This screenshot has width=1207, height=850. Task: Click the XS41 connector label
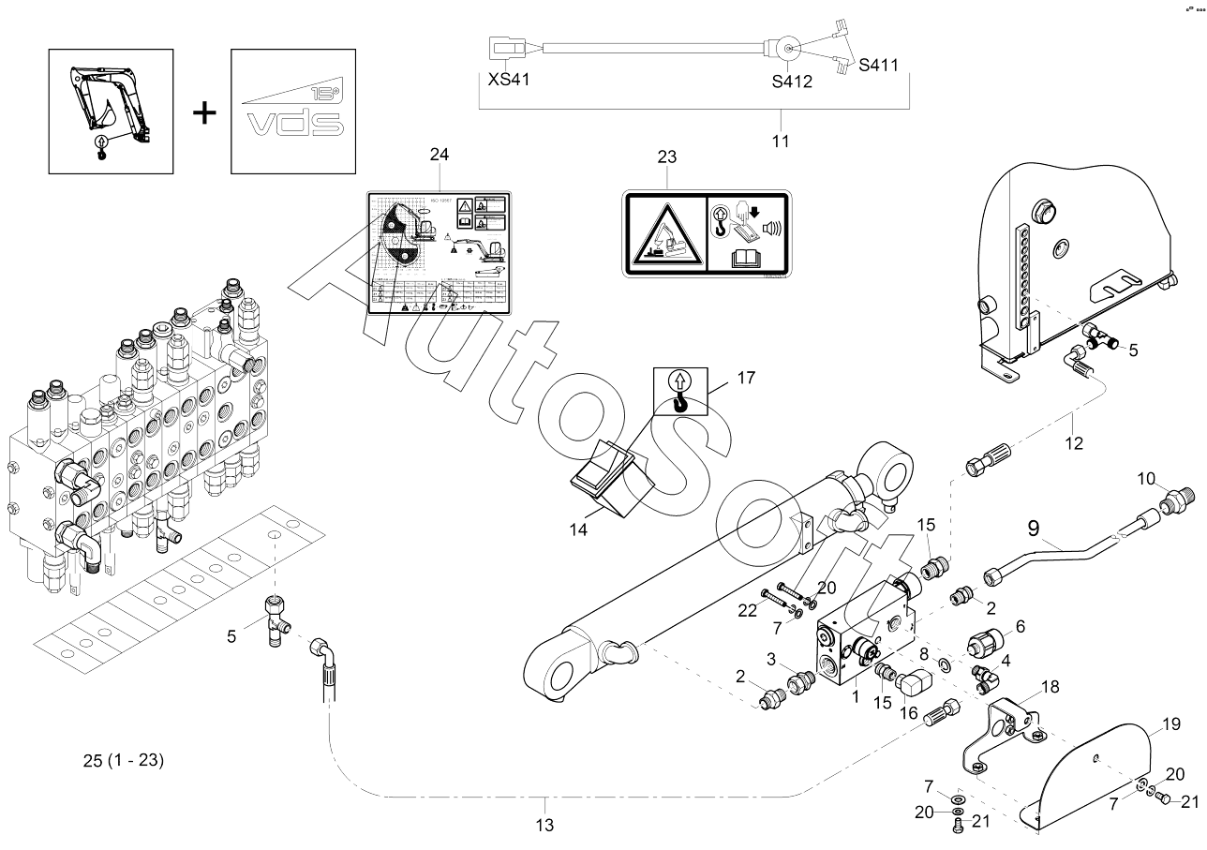coord(510,80)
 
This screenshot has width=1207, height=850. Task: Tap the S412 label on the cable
coord(792,82)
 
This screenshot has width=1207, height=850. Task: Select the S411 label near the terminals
coord(879,66)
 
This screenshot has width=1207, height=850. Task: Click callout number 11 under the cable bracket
coord(781,142)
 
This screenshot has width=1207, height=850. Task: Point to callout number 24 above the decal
coord(440,154)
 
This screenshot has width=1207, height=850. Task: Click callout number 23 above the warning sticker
coord(666,157)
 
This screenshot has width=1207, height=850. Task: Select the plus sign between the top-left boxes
coord(203,113)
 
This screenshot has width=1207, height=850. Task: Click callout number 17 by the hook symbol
coord(746,379)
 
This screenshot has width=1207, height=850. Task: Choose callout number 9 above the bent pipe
coord(1033,529)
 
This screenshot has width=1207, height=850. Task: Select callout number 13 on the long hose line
coord(544,826)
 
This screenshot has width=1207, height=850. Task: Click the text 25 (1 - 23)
coord(123,761)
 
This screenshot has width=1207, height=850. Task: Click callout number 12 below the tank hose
coord(1074,443)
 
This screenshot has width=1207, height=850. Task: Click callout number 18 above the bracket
coord(1050,686)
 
